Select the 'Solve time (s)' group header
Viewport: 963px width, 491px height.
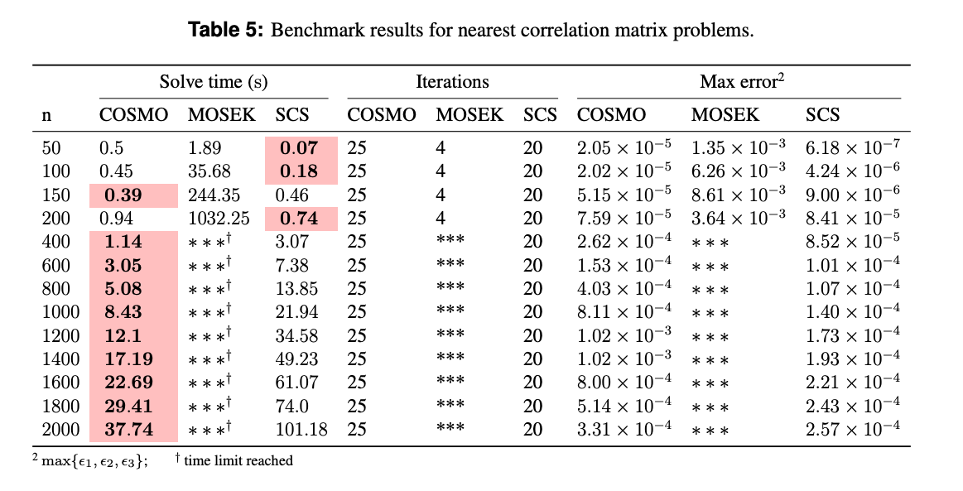click(x=213, y=82)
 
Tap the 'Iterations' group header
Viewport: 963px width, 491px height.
click(x=452, y=82)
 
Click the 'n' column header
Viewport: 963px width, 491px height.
click(x=46, y=115)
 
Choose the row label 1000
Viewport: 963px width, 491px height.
click(x=60, y=312)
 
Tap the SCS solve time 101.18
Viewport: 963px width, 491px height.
click(x=301, y=430)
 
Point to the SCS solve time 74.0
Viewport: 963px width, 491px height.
click(x=292, y=407)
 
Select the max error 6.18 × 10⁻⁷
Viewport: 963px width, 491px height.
click(x=853, y=148)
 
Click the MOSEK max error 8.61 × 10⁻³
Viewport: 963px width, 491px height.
click(x=739, y=195)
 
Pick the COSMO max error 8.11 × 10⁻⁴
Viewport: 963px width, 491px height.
click(x=624, y=312)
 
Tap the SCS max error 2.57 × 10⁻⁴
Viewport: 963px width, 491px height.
click(x=853, y=430)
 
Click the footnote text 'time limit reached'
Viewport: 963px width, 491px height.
click(x=238, y=461)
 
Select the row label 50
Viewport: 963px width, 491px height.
click(x=51, y=148)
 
